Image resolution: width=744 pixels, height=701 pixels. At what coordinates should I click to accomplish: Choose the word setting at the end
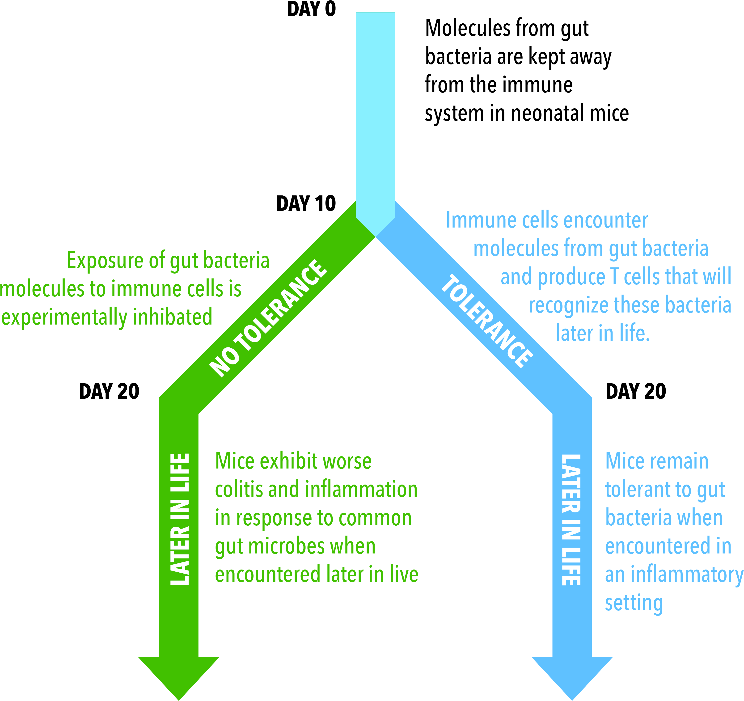634,604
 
